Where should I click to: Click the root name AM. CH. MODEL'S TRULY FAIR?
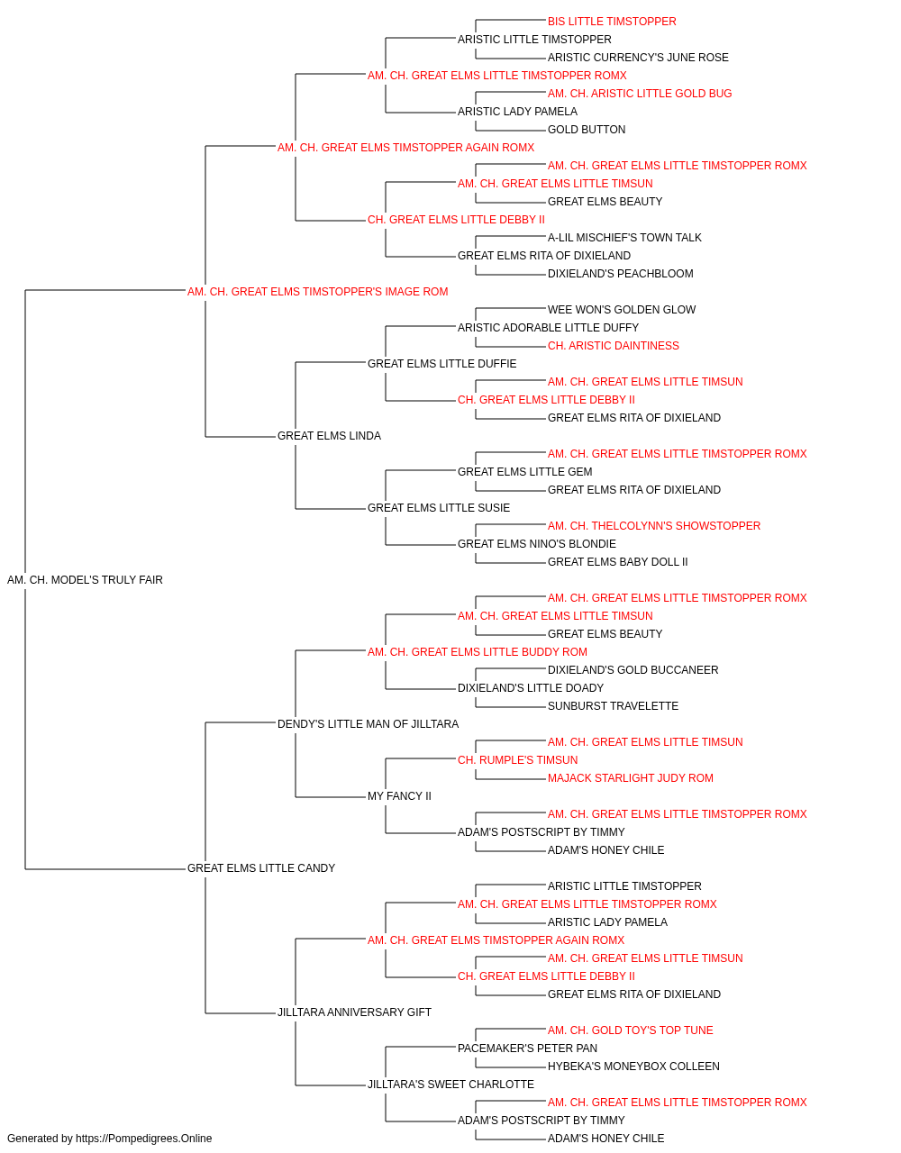[x=85, y=580]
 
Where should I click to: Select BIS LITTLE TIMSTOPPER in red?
[x=612, y=22]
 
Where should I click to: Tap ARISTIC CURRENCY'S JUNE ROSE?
[x=638, y=58]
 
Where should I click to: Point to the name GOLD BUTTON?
[x=587, y=130]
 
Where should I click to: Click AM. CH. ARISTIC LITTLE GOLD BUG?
[x=640, y=94]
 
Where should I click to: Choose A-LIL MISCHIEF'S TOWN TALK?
[x=624, y=238]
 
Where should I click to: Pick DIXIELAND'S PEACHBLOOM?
[x=620, y=274]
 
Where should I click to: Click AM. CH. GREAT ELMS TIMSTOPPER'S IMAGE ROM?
[x=317, y=292]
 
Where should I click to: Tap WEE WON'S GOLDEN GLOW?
[x=622, y=310]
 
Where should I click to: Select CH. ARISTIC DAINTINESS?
[x=614, y=346]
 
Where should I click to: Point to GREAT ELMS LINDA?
[x=329, y=436]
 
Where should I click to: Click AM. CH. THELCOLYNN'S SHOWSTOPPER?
[x=654, y=526]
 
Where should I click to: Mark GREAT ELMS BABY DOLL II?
[x=618, y=562]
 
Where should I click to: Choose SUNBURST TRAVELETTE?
[x=613, y=706]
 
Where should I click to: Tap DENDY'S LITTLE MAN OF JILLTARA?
[x=368, y=724]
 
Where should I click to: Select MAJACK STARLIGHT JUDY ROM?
[x=631, y=778]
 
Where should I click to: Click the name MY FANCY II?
[x=399, y=796]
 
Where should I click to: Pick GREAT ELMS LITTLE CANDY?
[x=261, y=868]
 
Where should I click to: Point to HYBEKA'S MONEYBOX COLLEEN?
[x=633, y=1067]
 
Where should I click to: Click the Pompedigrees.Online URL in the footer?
[x=143, y=1139]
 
